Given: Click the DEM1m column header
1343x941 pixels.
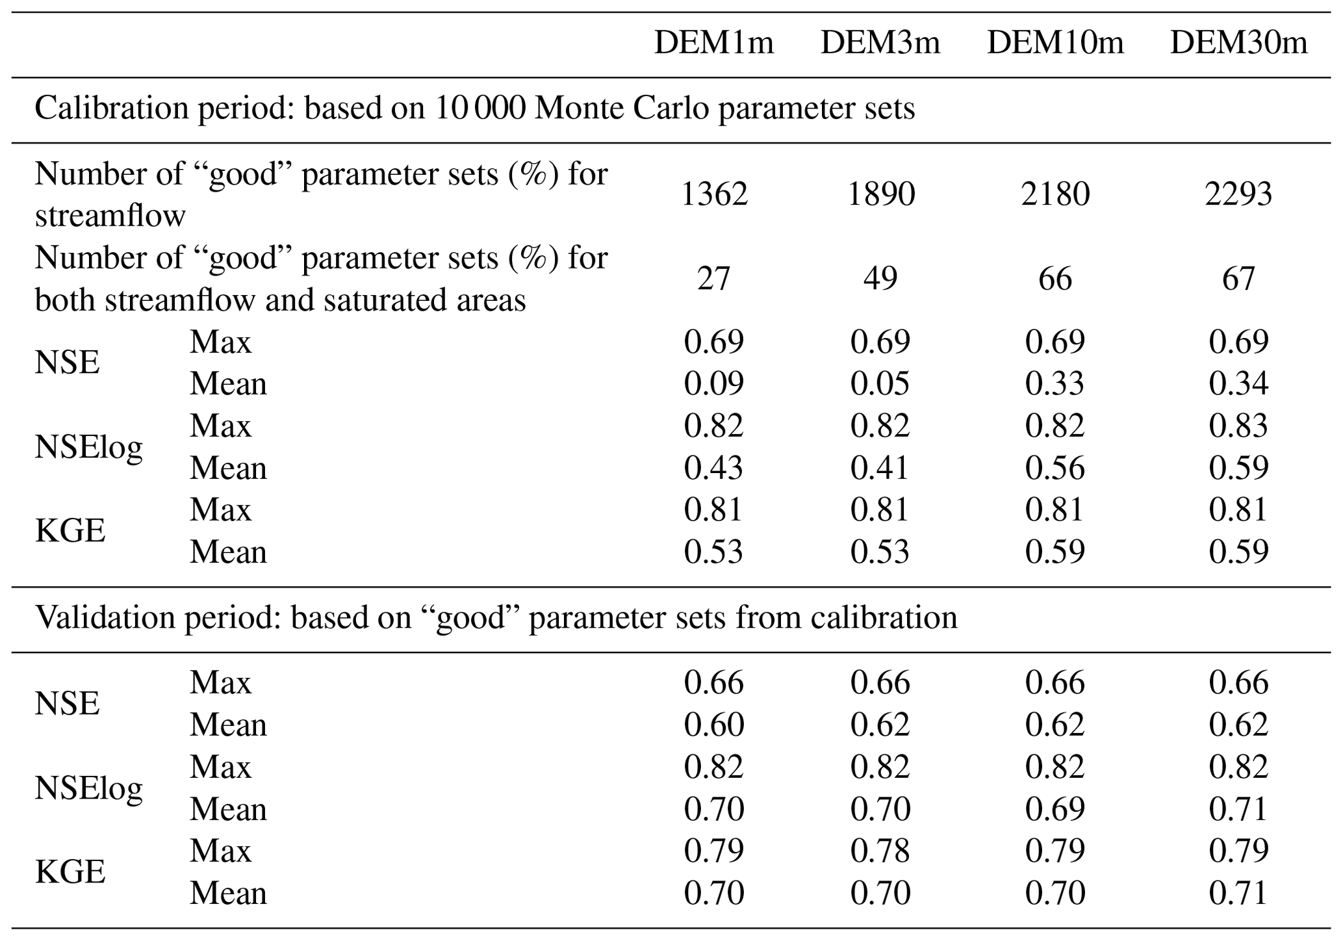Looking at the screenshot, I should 713,43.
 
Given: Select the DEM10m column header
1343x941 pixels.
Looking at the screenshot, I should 1055,43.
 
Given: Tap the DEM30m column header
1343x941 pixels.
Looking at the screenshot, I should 1238,43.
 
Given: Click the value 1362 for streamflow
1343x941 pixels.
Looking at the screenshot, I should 713,194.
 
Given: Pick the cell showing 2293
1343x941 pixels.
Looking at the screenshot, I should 1238,194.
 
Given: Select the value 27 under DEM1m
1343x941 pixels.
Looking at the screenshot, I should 713,278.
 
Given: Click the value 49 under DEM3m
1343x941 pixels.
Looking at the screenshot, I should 880,278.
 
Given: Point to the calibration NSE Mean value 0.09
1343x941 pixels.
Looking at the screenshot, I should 713,383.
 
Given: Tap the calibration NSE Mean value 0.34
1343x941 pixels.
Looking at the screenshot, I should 1238,383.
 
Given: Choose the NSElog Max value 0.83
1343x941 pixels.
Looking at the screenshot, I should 1238,426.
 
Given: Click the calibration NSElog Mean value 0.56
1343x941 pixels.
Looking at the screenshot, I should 1055,468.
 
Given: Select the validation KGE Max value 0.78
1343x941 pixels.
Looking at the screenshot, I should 880,851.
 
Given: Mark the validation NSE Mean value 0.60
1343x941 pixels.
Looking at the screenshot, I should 713,725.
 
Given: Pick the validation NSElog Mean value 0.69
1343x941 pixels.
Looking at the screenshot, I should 1055,809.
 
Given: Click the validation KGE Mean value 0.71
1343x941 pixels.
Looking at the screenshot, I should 1238,893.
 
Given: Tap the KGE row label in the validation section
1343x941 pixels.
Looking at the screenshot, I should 70,871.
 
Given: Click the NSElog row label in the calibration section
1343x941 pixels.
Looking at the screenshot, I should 88,447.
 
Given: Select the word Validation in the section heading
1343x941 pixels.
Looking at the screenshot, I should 104,617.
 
